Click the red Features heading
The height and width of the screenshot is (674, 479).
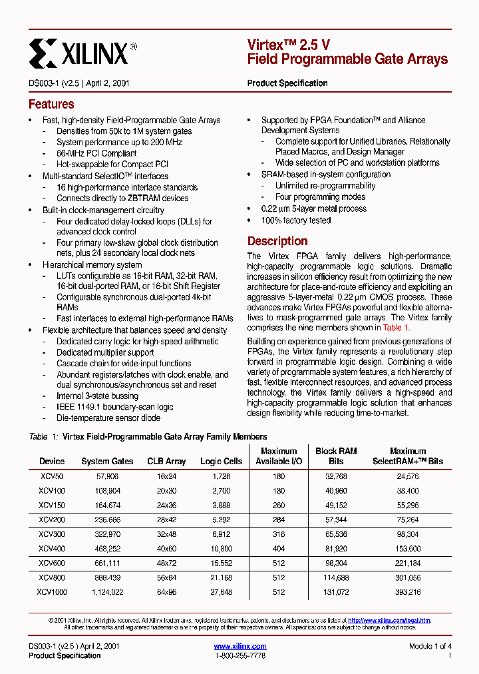pos(51,105)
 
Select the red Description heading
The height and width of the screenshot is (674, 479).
pos(277,241)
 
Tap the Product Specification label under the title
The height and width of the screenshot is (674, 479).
pos(287,83)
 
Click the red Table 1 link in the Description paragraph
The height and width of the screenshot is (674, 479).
pos(396,328)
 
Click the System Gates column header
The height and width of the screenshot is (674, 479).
pos(107,461)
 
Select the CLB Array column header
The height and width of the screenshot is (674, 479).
pos(166,461)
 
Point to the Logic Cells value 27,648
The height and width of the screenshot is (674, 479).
pos(221,591)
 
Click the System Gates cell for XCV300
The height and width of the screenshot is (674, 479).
pos(107,534)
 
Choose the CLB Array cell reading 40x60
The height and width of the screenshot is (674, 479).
pos(166,548)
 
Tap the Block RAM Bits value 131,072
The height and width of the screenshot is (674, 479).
pos(336,591)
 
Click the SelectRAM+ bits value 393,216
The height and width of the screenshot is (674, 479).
pos(407,591)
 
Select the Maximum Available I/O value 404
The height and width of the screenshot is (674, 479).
pos(278,548)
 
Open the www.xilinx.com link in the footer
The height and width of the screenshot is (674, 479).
pos(240,646)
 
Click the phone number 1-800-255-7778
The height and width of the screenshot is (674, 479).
pos(240,656)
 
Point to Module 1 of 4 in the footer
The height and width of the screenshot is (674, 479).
pos(430,646)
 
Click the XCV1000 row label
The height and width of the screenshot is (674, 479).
pos(51,591)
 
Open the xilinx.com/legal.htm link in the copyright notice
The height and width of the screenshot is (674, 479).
pos(389,620)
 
